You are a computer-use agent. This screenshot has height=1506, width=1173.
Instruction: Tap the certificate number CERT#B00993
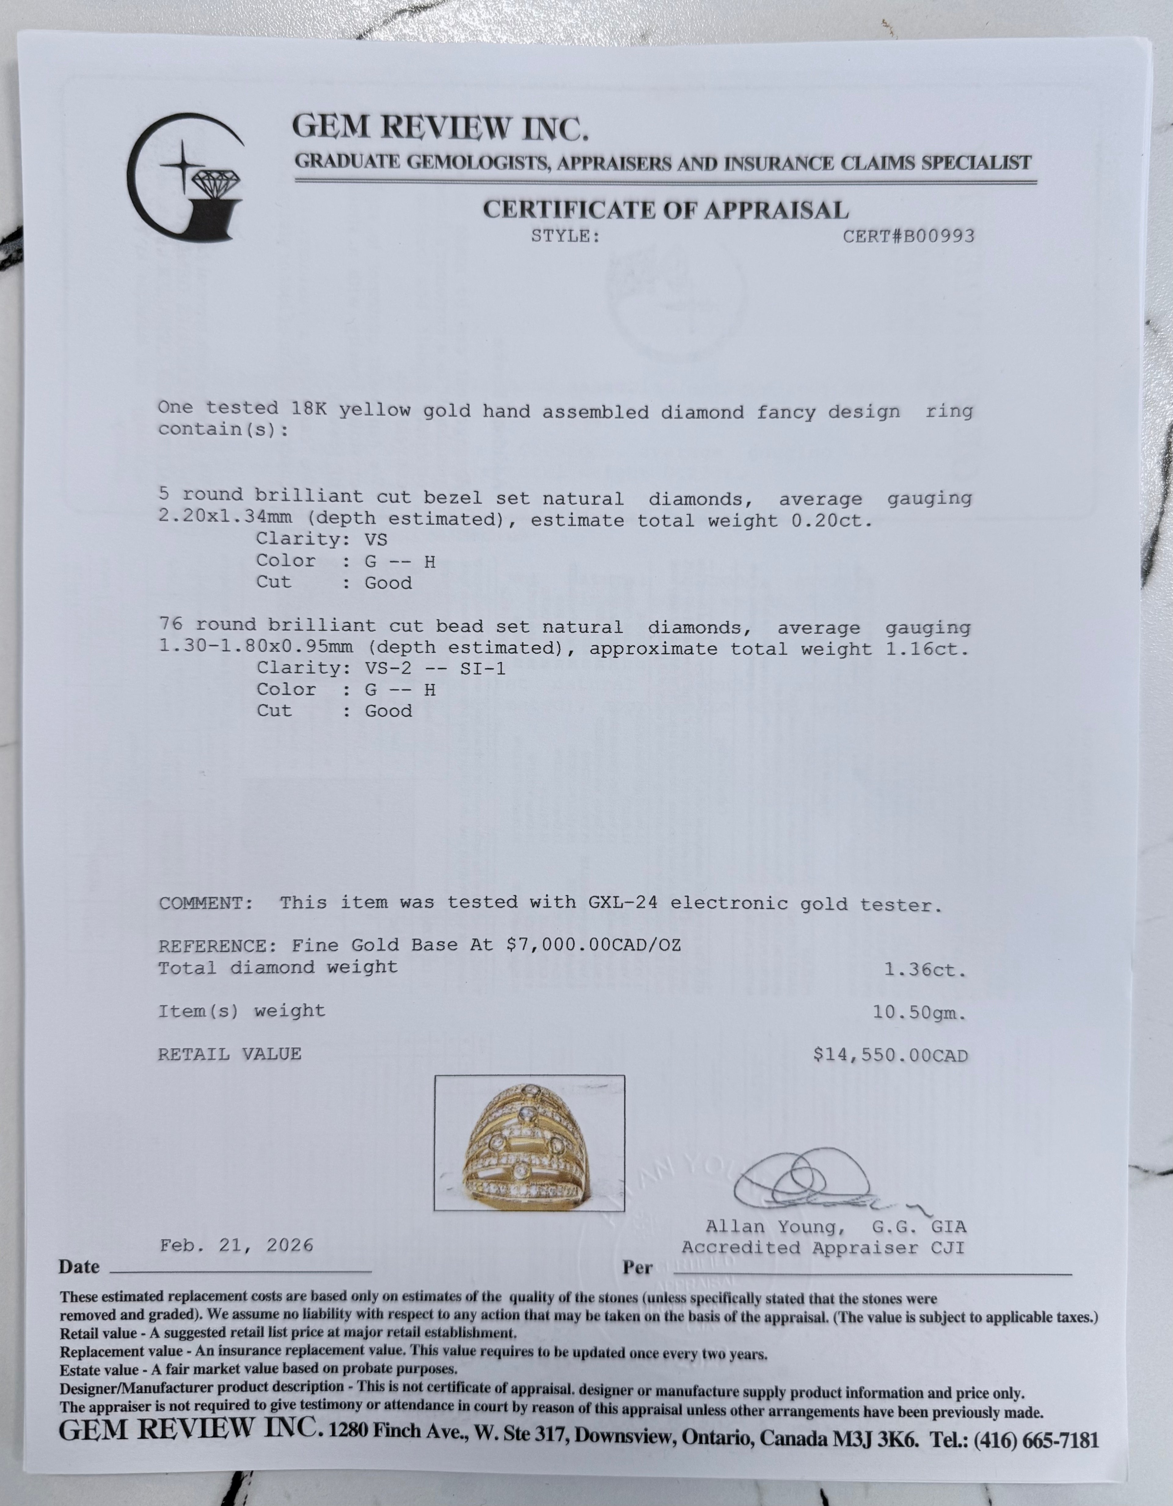(x=908, y=236)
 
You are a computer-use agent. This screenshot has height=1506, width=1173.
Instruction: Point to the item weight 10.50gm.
(x=919, y=1013)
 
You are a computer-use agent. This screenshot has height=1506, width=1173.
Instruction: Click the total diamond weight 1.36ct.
(x=925, y=970)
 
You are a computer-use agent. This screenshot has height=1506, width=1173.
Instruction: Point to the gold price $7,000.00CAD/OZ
(x=593, y=945)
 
